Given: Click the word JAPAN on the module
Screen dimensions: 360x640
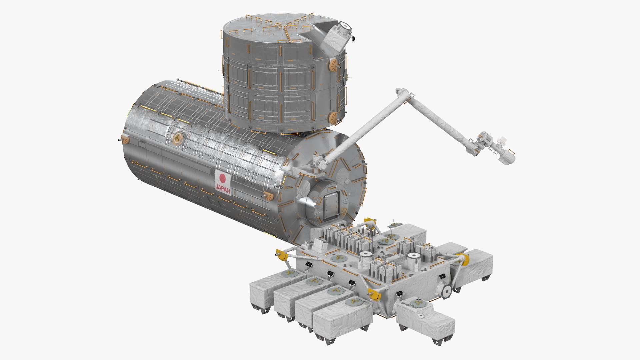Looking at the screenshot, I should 223,188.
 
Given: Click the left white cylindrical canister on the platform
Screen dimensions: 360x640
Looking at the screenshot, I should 366,259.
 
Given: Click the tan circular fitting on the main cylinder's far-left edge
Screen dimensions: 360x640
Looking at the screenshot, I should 125,139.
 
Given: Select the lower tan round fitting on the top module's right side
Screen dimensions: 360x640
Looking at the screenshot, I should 333,117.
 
